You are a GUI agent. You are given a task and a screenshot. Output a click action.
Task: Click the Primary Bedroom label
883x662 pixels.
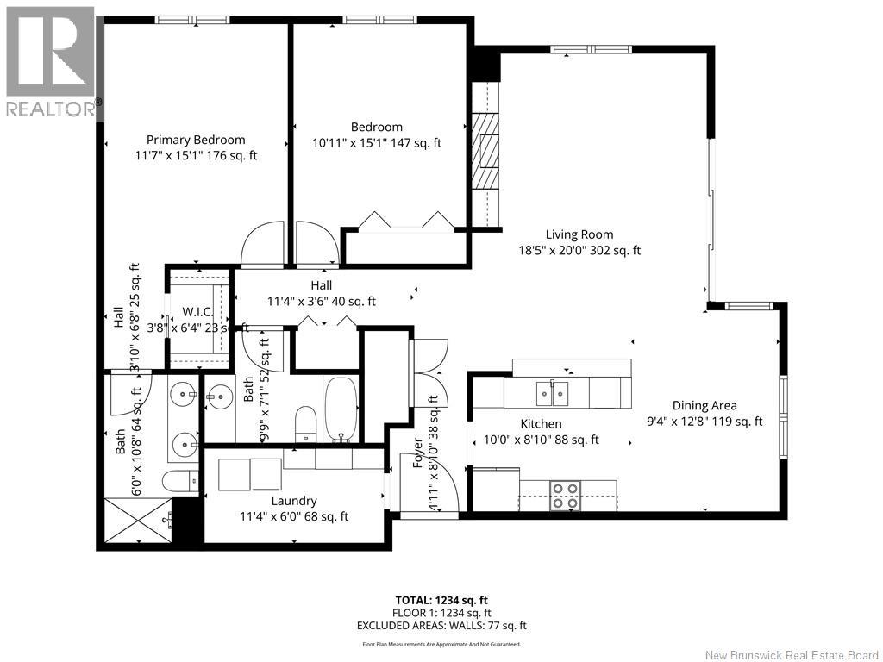point(196,140)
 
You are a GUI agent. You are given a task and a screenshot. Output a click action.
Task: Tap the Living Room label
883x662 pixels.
point(579,234)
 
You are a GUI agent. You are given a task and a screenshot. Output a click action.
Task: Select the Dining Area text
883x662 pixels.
point(705,405)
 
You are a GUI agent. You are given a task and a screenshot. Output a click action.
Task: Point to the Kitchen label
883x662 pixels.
point(541,424)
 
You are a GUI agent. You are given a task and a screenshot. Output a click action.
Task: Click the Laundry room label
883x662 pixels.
point(294,501)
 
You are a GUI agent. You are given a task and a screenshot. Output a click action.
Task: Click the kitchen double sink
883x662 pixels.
point(553,392)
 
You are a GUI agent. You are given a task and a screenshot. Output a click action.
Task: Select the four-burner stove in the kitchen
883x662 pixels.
point(566,495)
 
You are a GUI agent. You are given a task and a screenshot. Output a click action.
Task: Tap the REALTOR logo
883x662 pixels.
point(51,62)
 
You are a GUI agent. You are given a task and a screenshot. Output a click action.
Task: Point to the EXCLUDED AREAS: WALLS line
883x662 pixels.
point(441,626)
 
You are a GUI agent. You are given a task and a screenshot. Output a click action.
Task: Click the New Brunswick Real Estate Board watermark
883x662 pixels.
point(792,655)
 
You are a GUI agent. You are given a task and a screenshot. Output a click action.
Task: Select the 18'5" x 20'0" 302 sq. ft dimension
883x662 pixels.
point(579,250)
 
